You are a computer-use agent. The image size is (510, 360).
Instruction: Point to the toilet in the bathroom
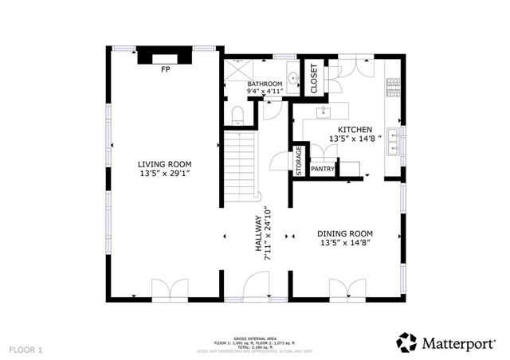click(x=236, y=116)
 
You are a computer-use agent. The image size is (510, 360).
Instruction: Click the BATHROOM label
click(x=265, y=84)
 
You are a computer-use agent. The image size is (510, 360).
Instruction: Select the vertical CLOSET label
click(x=313, y=77)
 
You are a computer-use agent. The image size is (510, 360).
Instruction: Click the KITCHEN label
click(x=355, y=129)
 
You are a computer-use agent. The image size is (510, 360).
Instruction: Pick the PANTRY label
click(x=322, y=169)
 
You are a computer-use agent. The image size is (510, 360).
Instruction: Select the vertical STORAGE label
click(x=299, y=162)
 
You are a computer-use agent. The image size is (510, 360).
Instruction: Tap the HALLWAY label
click(x=258, y=236)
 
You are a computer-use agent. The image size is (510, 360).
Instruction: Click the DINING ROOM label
click(x=346, y=233)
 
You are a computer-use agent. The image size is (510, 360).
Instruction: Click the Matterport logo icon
click(x=406, y=342)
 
